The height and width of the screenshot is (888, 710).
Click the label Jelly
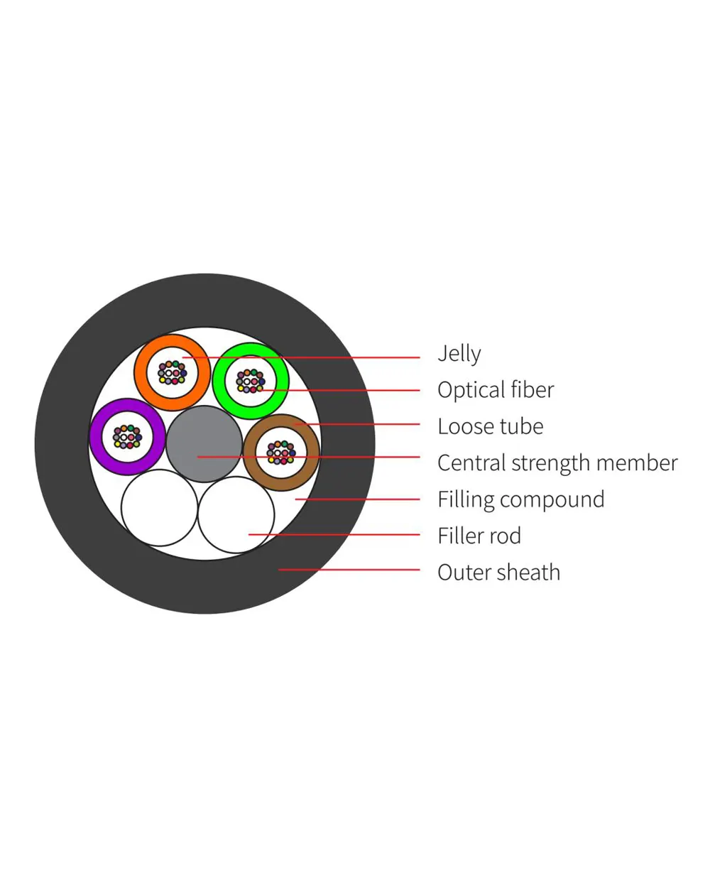coord(459,353)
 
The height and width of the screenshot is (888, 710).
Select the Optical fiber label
coord(495,389)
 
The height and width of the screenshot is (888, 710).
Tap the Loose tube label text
coord(490,426)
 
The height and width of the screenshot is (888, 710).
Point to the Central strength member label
coord(557,463)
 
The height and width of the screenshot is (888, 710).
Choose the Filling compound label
coord(520,499)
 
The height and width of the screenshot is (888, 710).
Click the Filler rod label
coord(479,536)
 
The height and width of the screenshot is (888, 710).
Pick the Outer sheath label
coord(498,573)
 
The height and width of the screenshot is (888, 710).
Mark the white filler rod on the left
coord(159,508)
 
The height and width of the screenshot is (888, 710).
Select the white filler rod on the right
coord(236,515)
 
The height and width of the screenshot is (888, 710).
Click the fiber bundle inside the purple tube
coord(127,437)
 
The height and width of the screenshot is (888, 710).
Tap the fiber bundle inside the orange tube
coord(172,372)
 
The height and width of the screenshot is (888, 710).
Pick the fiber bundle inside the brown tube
coord(281,453)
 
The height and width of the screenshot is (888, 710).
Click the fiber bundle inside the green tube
coord(250,381)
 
